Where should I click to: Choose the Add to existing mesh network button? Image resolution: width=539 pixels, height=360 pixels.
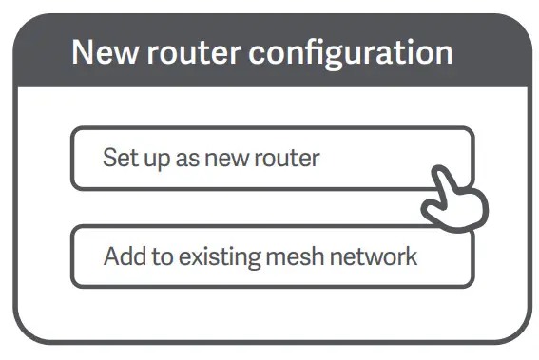272,256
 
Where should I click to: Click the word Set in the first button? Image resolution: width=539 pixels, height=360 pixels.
118,158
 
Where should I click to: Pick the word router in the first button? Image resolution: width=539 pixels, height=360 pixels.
288,158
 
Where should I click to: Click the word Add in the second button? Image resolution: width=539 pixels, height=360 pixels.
121,256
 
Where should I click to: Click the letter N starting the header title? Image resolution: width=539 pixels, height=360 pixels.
82,51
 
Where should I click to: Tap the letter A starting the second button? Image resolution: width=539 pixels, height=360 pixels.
110,256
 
